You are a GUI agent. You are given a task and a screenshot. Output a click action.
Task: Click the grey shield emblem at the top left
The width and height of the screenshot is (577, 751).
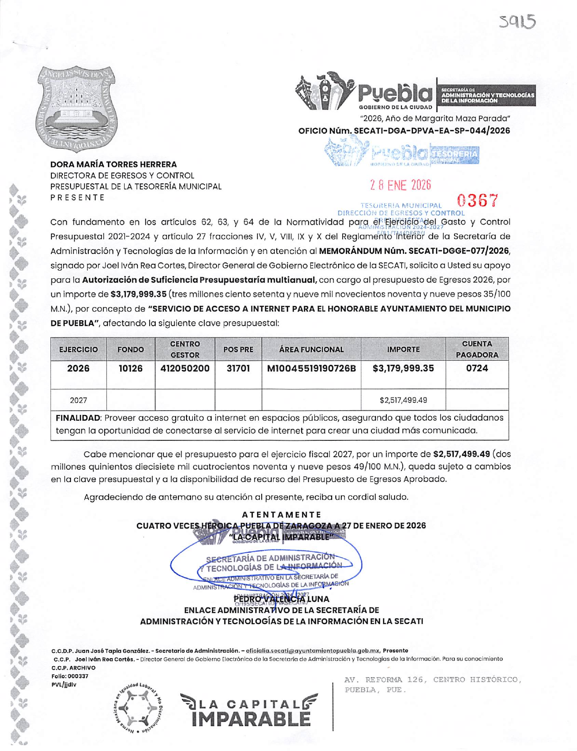pyautogui.click(x=77, y=109)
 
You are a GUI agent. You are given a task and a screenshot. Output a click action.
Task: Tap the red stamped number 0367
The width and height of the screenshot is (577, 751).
pyautogui.click(x=477, y=200)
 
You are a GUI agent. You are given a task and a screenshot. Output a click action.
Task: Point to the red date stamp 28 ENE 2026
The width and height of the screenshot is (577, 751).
pyautogui.click(x=400, y=185)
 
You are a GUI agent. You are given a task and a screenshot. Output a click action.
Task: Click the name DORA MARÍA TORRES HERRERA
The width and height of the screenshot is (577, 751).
pyautogui.click(x=113, y=164)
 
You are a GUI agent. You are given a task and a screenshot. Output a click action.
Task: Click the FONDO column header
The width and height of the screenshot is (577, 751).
pyautogui.click(x=131, y=349)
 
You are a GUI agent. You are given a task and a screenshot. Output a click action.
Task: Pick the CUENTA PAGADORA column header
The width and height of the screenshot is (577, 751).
pyautogui.click(x=476, y=349)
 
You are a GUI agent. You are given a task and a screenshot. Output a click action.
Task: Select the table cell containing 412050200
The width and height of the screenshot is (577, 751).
pyautogui.click(x=185, y=368)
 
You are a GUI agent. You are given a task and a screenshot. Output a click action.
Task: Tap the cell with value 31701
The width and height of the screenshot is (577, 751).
pyautogui.click(x=238, y=368)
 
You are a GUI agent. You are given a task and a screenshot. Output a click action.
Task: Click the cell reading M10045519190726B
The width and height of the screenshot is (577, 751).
pyautogui.click(x=311, y=368)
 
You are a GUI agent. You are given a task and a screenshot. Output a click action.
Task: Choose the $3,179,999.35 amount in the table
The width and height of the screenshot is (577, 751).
pyautogui.click(x=403, y=368)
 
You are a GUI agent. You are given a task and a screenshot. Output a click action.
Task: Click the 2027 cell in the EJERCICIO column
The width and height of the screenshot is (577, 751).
pyautogui.click(x=78, y=400)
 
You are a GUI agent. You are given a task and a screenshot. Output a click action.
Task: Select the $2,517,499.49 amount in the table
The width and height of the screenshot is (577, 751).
pyautogui.click(x=403, y=400)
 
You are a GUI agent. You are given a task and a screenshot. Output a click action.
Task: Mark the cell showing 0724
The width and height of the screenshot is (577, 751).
pyautogui.click(x=476, y=368)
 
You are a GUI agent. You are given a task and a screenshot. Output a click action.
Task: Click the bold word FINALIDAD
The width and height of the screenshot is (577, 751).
pyautogui.click(x=77, y=418)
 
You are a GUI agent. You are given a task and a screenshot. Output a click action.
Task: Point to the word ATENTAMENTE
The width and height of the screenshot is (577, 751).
pyautogui.click(x=281, y=514)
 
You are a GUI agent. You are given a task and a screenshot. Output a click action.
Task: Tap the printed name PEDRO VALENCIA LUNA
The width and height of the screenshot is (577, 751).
pyautogui.click(x=281, y=599)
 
